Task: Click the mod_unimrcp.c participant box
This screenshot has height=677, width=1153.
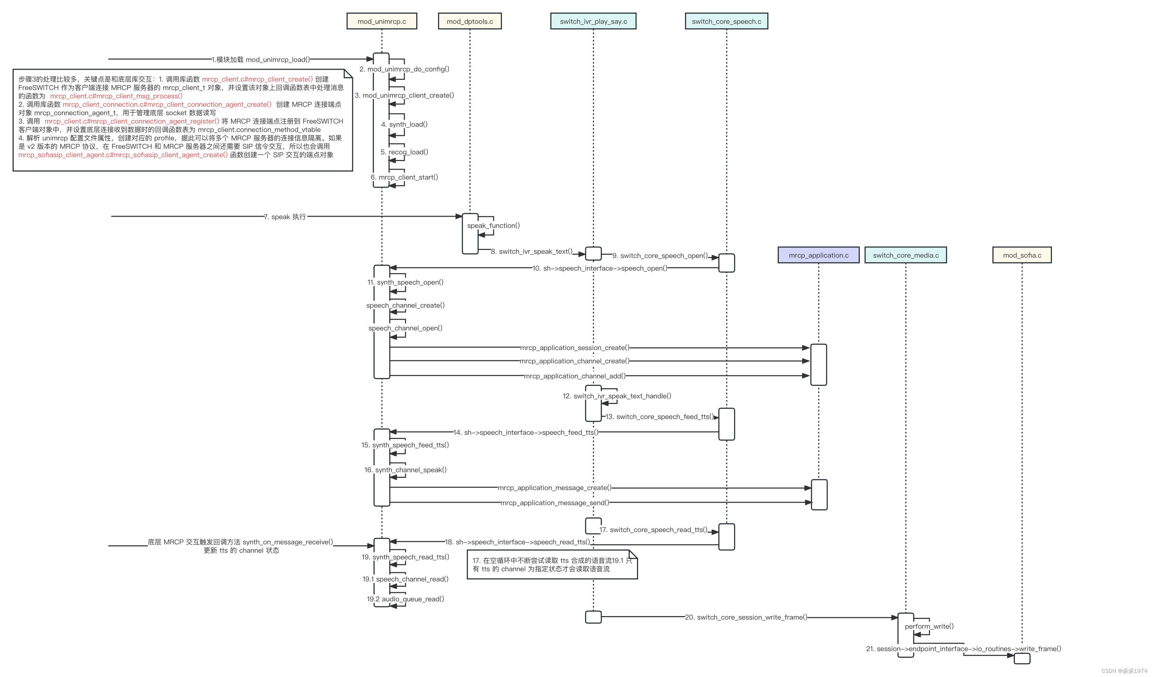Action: tap(382, 21)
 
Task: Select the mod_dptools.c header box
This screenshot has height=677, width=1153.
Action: tap(469, 21)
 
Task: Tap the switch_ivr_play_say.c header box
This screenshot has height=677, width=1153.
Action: tap(593, 21)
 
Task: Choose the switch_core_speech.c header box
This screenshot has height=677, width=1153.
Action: tap(726, 21)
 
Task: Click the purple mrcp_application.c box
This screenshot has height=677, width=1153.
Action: tap(818, 255)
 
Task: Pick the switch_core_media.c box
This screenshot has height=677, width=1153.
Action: tap(905, 255)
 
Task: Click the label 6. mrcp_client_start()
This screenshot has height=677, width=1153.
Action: tap(404, 177)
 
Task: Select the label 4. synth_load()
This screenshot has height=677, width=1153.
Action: tap(404, 124)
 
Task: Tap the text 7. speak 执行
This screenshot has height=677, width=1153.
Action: tap(285, 217)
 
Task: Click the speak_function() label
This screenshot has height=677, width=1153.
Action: tap(493, 225)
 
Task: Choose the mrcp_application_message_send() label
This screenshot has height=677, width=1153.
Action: tap(554, 503)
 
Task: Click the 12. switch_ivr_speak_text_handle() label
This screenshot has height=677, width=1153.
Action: tap(616, 396)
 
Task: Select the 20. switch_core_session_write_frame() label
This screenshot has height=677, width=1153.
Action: tap(746, 617)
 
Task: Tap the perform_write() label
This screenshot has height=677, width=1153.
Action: tap(929, 626)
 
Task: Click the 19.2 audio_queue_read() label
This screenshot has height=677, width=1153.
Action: tap(405, 599)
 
